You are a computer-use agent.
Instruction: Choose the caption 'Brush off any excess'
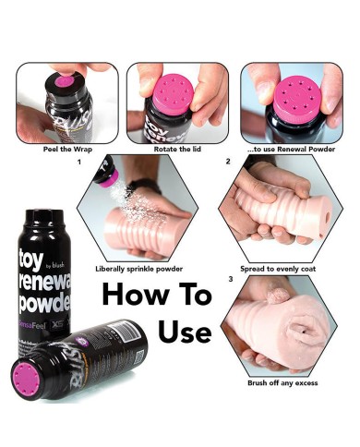coord(283,381)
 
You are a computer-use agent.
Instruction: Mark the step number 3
coord(228,278)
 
